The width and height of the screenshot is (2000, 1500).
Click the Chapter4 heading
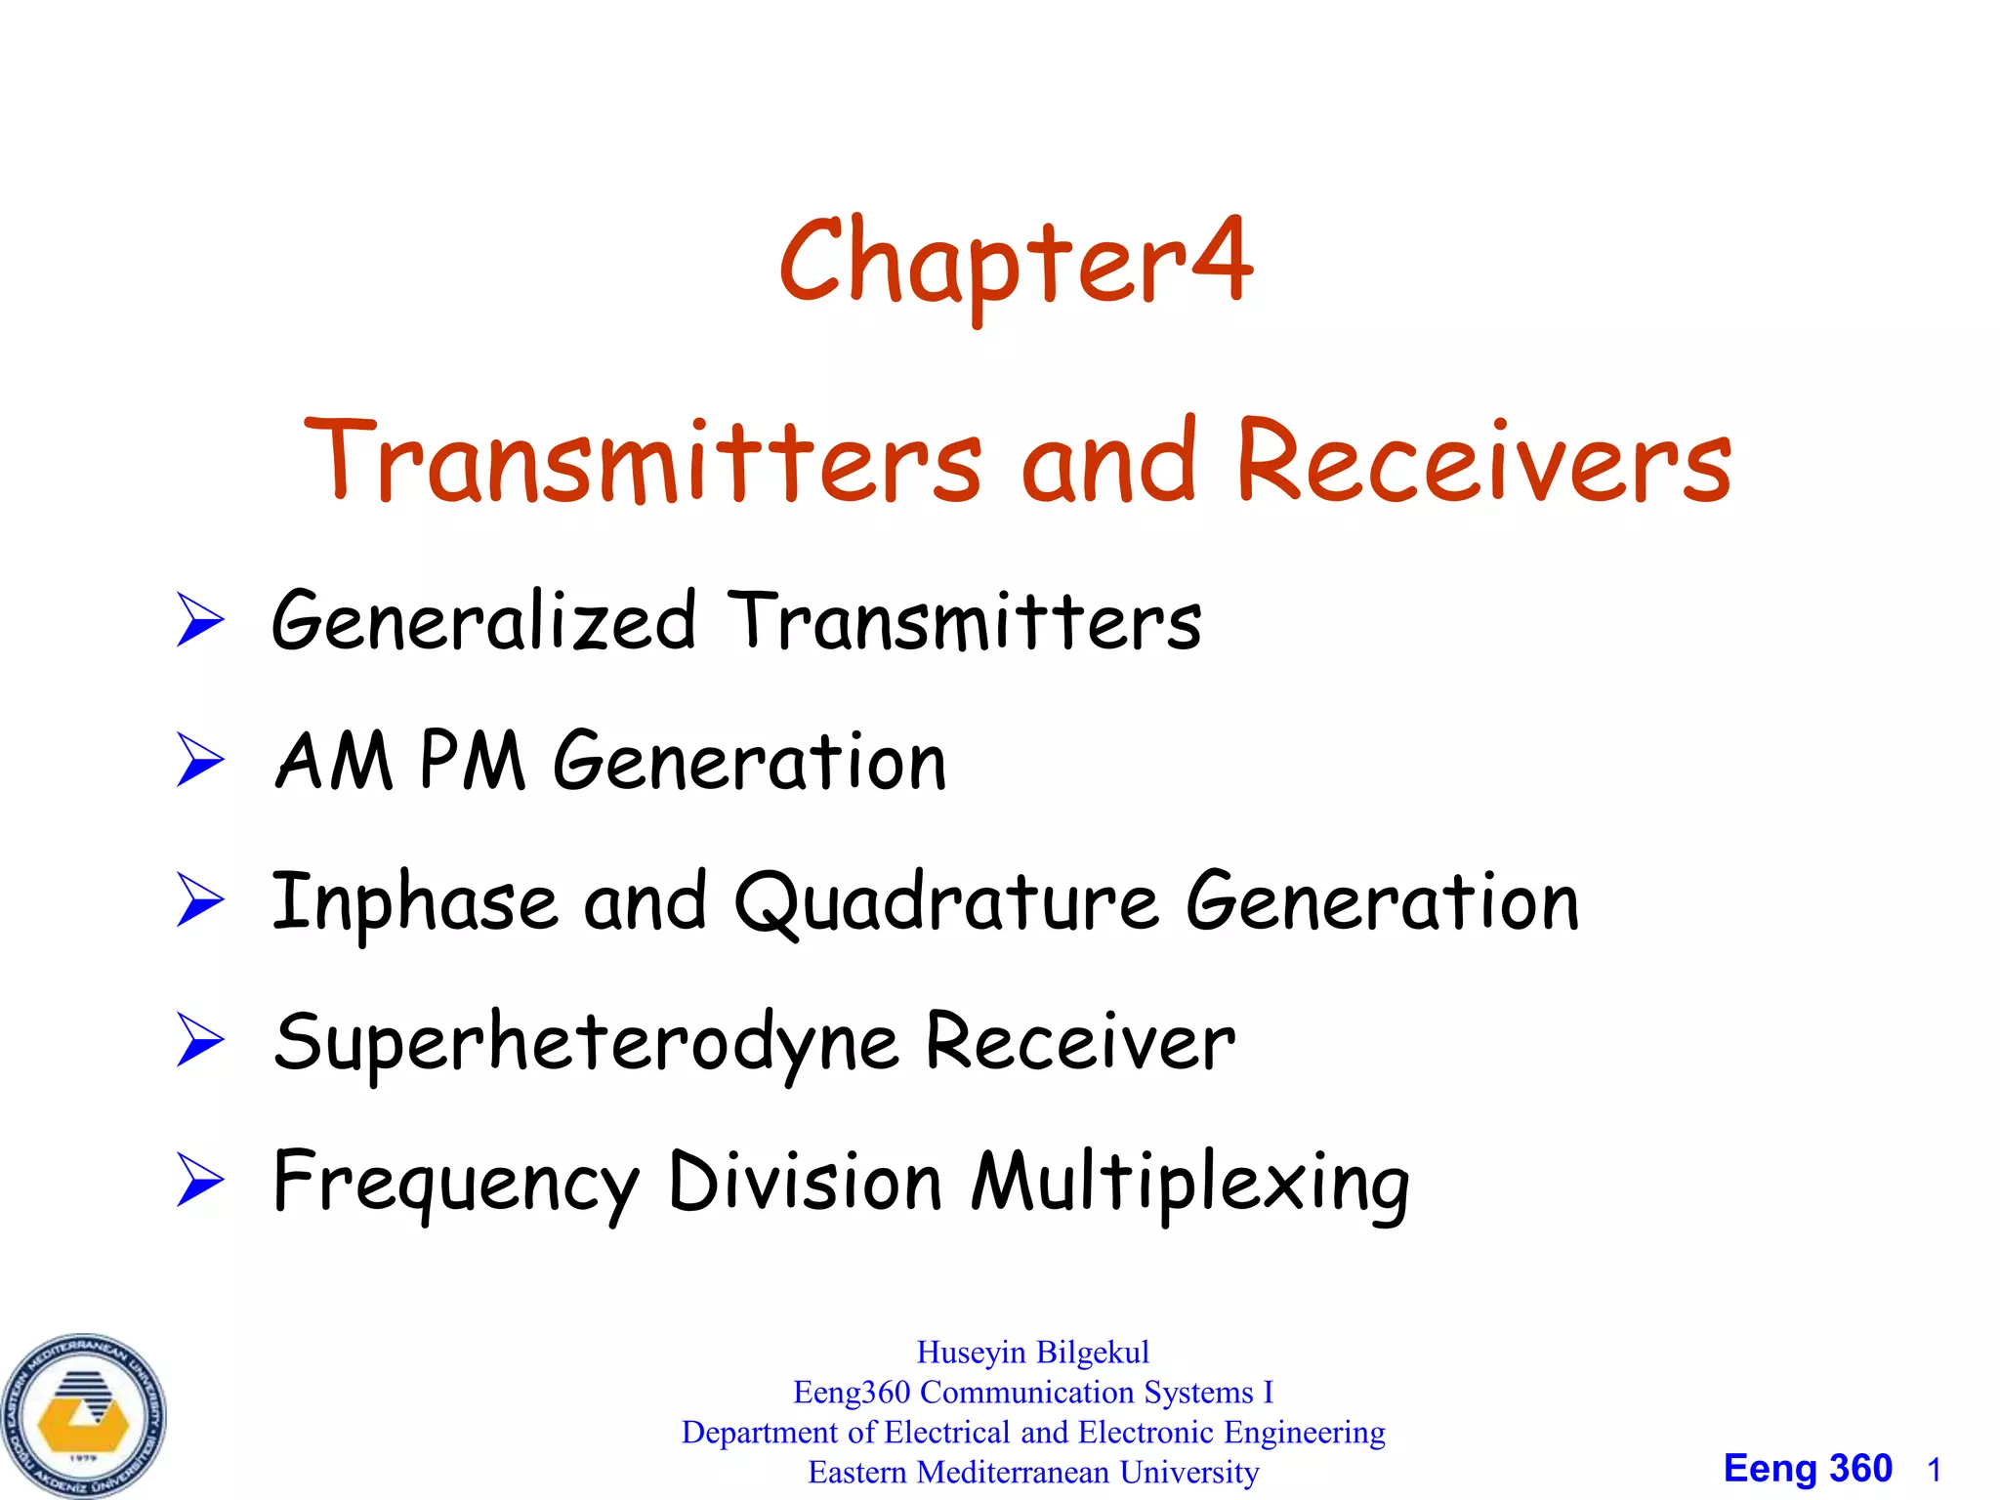pyautogui.click(x=1016, y=262)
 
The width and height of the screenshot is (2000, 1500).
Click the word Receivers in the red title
pyautogui.click(x=1483, y=461)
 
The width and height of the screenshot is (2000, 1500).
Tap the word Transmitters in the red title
pyautogui.click(x=644, y=461)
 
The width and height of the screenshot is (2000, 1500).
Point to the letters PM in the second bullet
pyautogui.click(x=473, y=761)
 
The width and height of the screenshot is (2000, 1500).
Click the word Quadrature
pyautogui.click(x=946, y=902)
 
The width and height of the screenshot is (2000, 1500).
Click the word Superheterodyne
pyautogui.click(x=586, y=1043)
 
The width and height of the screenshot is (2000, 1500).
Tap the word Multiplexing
pyautogui.click(x=1189, y=1184)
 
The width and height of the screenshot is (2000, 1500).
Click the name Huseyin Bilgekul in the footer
pyautogui.click(x=1032, y=1353)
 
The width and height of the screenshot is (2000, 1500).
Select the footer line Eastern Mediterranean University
pyautogui.click(x=1032, y=1472)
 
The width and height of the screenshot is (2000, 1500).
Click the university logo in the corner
pyautogui.click(x=84, y=1415)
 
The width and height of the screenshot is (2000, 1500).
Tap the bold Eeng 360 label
pyautogui.click(x=1807, y=1469)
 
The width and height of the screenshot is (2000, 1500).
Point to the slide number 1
pyautogui.click(x=1934, y=1470)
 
